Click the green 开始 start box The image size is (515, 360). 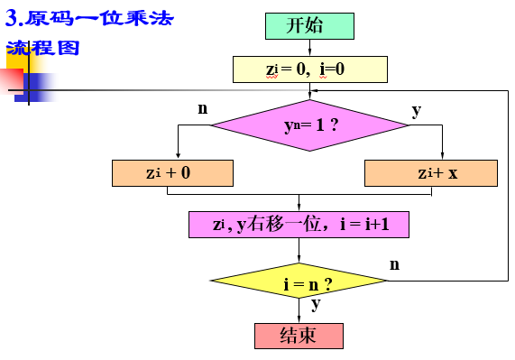pyautogui.click(x=308, y=25)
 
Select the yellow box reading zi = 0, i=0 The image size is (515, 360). pyautogui.click(x=309, y=69)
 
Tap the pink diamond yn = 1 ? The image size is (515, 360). pyautogui.click(x=310, y=125)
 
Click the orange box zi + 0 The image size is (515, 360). pyautogui.click(x=171, y=172)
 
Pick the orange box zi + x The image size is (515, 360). pyautogui.click(x=430, y=172)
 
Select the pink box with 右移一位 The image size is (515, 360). pyautogui.click(x=299, y=225)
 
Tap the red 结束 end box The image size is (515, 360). pyautogui.click(x=299, y=335)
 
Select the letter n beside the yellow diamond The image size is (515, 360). pyautogui.click(x=394, y=264)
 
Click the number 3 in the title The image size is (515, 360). pyautogui.click(x=12, y=18)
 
